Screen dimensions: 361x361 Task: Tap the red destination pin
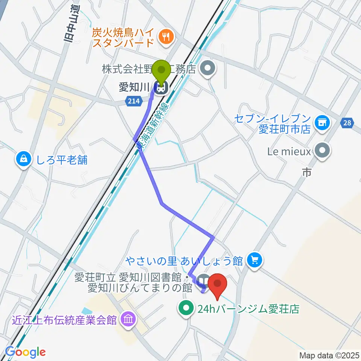click(x=218, y=284)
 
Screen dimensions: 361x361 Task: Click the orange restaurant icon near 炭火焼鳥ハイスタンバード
click(x=166, y=36)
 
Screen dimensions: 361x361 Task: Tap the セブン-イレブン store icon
click(x=322, y=122)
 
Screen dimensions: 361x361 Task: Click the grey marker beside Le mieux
click(x=322, y=151)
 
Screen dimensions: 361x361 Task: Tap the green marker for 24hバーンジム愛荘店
click(x=186, y=309)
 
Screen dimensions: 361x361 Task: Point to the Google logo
click(x=25, y=352)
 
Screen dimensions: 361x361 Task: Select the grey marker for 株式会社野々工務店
click(x=207, y=69)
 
